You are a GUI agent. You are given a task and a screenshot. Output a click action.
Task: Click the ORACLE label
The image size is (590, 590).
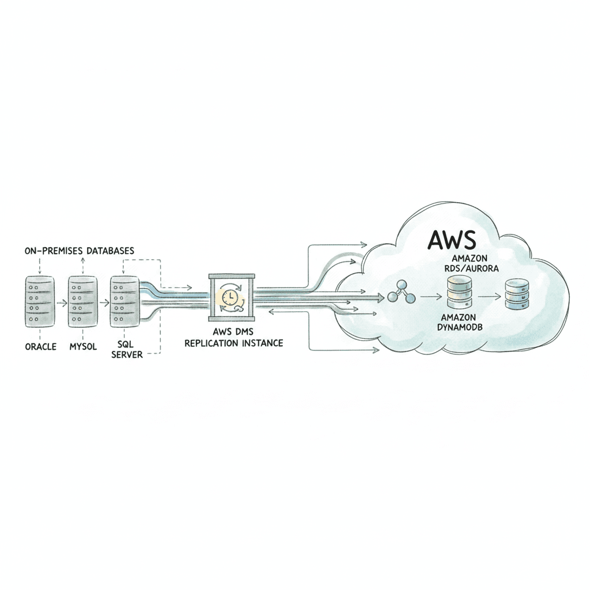pyautogui.click(x=40, y=347)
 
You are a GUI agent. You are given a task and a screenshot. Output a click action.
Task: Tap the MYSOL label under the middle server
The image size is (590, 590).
pyautogui.click(x=82, y=347)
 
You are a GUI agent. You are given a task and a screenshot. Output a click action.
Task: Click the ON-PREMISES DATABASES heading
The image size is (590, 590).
pyautogui.click(x=80, y=251)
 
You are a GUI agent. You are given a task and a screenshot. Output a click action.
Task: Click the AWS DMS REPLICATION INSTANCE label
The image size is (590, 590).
pyautogui.click(x=233, y=337)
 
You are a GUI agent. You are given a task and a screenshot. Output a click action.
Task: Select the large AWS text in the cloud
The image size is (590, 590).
pyautogui.click(x=452, y=241)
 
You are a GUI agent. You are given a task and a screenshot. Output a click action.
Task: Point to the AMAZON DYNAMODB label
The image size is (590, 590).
pyautogui.click(x=459, y=322)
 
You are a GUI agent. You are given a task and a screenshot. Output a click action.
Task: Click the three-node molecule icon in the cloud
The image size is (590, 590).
pyautogui.click(x=402, y=293)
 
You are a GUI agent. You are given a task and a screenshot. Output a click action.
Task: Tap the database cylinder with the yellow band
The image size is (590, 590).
pyautogui.click(x=459, y=292)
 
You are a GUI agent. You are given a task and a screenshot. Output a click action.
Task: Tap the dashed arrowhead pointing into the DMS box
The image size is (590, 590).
pyautogui.click(x=188, y=286)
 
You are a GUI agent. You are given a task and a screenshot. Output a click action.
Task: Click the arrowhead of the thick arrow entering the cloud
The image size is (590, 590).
pyautogui.click(x=381, y=298)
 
